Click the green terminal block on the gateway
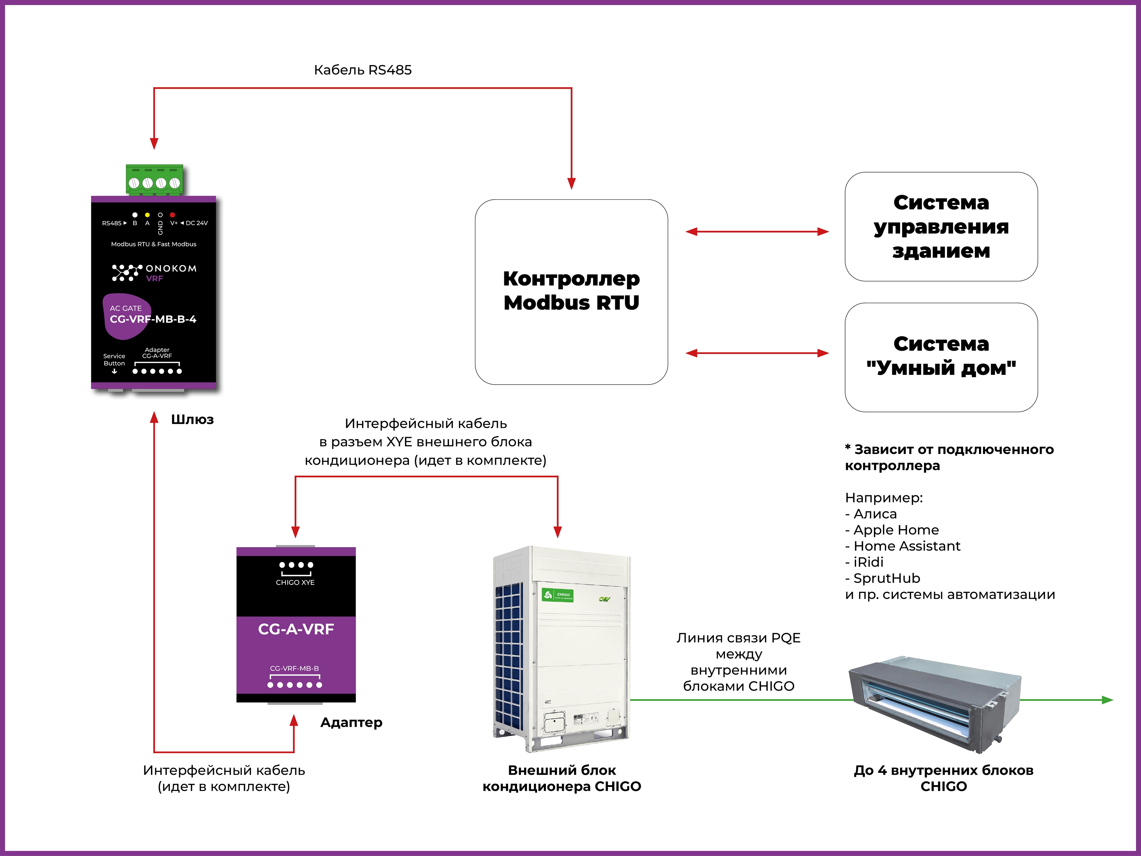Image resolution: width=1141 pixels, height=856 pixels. (x=154, y=180)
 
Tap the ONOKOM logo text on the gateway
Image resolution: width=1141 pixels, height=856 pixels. (x=171, y=268)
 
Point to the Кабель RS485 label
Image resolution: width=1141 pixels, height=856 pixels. (x=363, y=70)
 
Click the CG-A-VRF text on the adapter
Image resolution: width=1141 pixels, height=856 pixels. (x=296, y=629)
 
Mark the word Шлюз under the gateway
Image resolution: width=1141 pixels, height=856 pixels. (x=192, y=419)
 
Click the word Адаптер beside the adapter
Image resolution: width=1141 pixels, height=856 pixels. (x=351, y=722)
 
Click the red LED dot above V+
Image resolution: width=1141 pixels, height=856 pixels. (x=172, y=215)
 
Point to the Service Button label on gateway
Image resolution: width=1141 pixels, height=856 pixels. (x=114, y=360)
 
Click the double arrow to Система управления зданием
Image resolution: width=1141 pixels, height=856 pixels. (x=757, y=232)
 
